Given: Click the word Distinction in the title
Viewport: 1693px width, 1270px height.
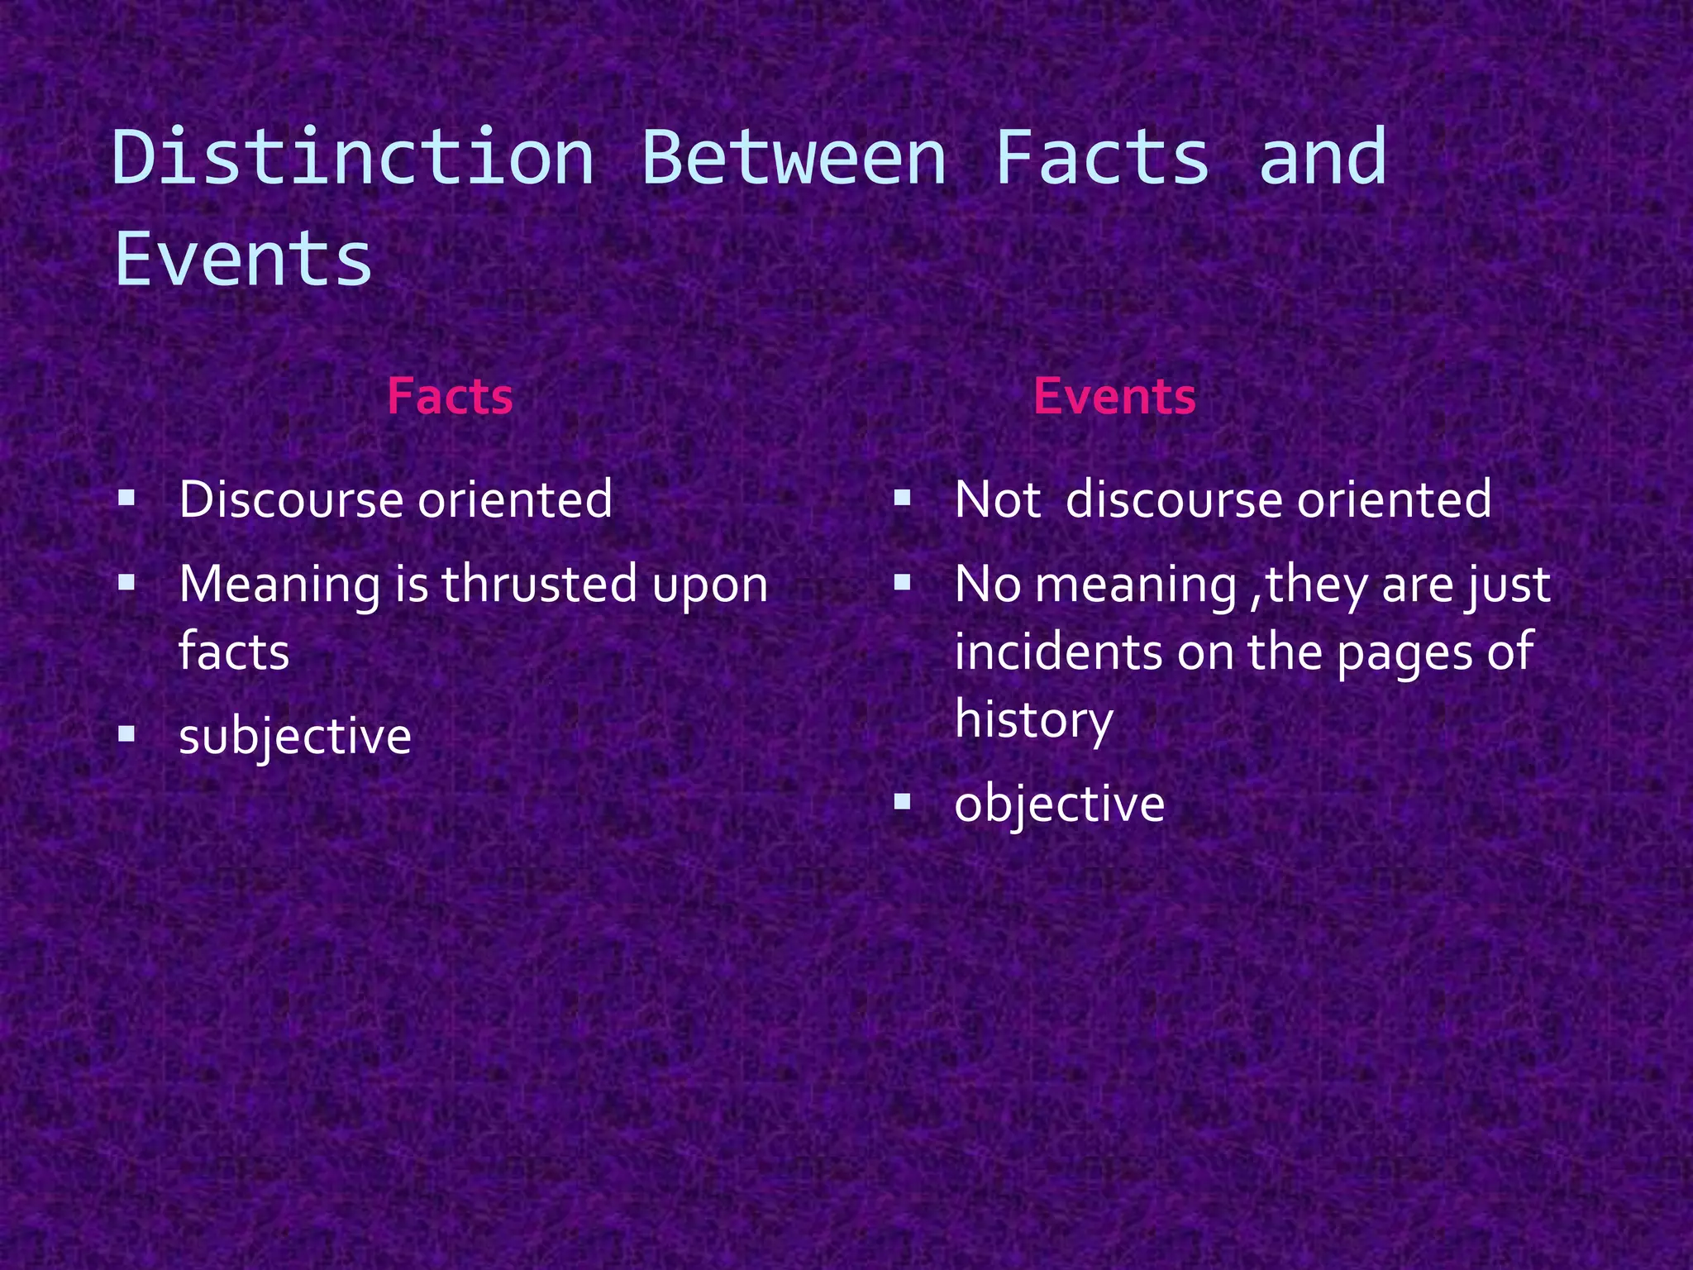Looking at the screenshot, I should tap(353, 157).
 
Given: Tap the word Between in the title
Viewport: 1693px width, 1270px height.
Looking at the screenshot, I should tap(794, 157).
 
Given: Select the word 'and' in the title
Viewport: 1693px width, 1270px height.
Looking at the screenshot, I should tap(1323, 157).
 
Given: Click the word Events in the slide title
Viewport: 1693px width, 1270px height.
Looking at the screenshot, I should tap(243, 259).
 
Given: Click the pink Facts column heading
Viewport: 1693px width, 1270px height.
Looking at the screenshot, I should tap(450, 396).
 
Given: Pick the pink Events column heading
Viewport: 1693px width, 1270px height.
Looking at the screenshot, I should tap(1114, 396).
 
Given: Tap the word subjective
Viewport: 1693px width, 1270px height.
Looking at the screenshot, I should tap(295, 736).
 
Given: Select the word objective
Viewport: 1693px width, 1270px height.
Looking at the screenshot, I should tap(1059, 804).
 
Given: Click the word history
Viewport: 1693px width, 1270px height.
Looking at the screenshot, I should tap(1034, 719).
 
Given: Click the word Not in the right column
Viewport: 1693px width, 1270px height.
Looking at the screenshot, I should tap(997, 499).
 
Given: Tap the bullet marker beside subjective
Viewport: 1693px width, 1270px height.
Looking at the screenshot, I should tap(126, 733).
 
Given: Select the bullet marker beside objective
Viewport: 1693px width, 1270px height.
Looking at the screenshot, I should tap(902, 801).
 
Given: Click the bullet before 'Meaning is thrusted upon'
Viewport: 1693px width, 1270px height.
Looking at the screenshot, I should tap(126, 582).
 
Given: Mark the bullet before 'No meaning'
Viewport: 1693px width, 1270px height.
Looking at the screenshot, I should tap(902, 582).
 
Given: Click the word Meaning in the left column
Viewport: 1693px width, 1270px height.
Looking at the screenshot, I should tap(279, 585).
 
